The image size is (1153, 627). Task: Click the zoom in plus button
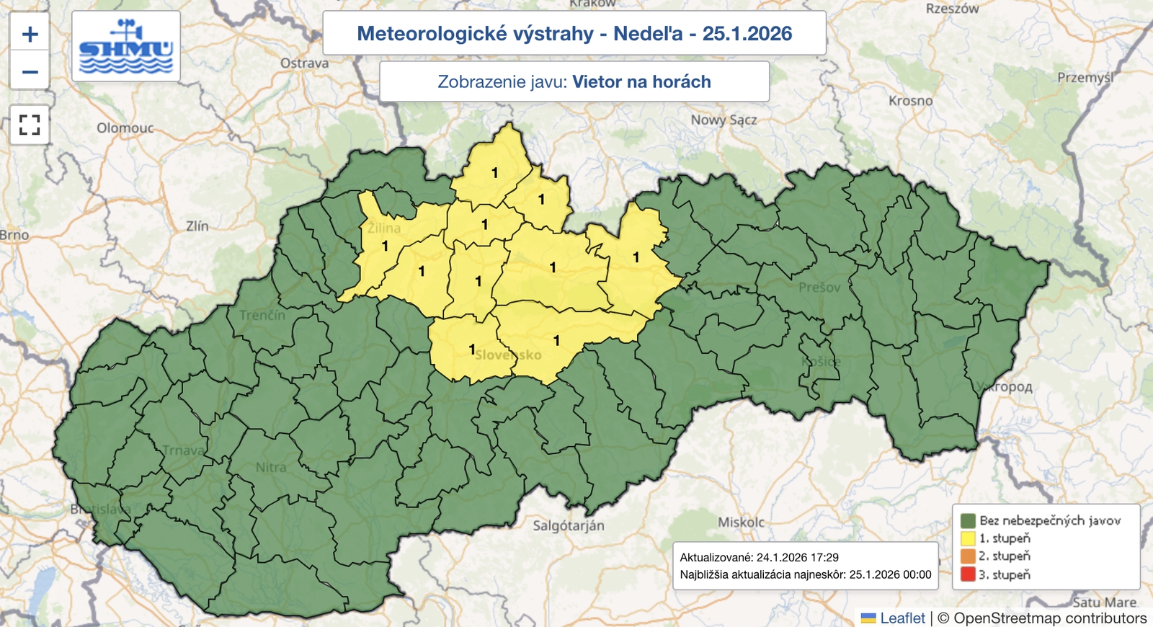[x=30, y=34]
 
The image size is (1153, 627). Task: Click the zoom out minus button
[x=30, y=71]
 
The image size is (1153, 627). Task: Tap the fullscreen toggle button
[x=30, y=125]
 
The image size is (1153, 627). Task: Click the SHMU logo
[x=126, y=47]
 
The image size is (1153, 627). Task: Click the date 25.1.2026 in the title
[x=747, y=34]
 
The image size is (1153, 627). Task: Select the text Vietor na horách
[x=641, y=82]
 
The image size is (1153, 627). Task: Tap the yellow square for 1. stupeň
[x=968, y=538]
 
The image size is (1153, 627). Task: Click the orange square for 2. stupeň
[x=968, y=556]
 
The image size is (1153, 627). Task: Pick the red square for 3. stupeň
[x=968, y=574]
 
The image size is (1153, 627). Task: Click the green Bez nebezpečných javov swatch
[x=968, y=520]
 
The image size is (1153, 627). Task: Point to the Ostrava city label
[x=304, y=63]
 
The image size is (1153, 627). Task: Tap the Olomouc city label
[x=125, y=128]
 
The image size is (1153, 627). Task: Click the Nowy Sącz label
[x=724, y=120]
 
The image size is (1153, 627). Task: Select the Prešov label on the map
[x=819, y=288]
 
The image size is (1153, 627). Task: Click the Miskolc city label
[x=741, y=522]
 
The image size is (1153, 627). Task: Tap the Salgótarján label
[x=569, y=526]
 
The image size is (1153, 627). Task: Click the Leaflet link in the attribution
[x=902, y=618]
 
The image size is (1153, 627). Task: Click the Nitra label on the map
[x=271, y=468]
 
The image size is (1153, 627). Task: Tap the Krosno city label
[x=910, y=101]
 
